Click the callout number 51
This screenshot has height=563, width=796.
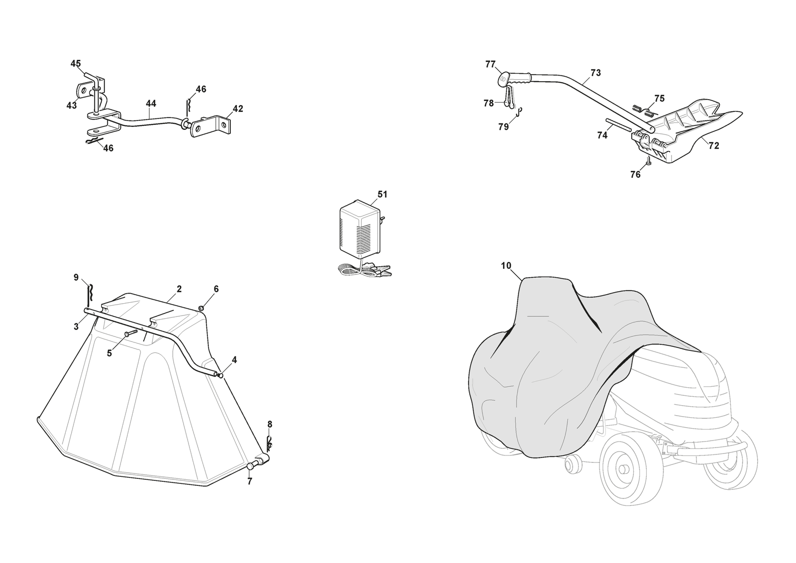click(x=382, y=194)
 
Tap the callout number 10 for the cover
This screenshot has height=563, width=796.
click(x=506, y=266)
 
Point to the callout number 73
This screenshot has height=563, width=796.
click(x=596, y=73)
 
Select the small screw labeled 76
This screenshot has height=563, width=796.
click(x=648, y=162)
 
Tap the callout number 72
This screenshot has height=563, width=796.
click(x=714, y=146)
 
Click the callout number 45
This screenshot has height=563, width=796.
click(x=76, y=64)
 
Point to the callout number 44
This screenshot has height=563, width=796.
click(x=151, y=104)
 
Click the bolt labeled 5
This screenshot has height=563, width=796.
click(x=130, y=334)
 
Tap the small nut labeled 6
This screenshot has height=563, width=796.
click(x=201, y=309)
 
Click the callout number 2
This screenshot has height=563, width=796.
click(x=179, y=289)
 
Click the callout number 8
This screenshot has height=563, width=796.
click(x=270, y=424)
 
